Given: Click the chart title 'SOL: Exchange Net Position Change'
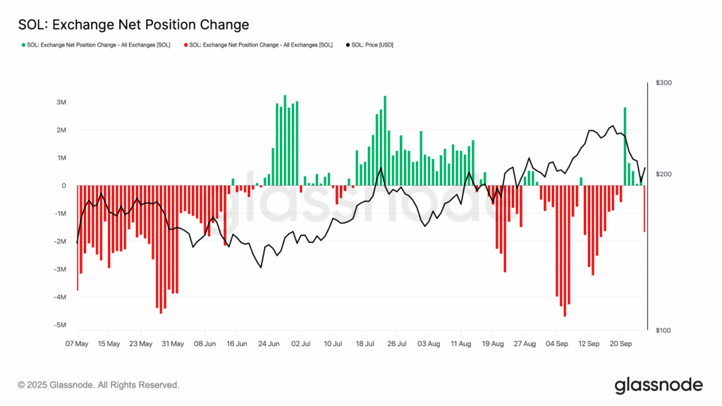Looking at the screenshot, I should pyautogui.click(x=133, y=25).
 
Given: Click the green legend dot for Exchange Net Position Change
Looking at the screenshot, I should pyautogui.click(x=23, y=45).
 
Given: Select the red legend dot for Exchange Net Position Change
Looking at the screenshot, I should pyautogui.click(x=185, y=45).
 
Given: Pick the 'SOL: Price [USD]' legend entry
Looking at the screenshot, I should pyautogui.click(x=372, y=45).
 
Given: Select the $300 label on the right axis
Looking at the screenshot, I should pyautogui.click(x=663, y=83).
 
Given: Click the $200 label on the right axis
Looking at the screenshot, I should pyautogui.click(x=663, y=174).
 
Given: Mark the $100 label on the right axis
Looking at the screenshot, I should pyautogui.click(x=663, y=331).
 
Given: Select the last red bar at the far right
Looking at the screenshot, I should pyautogui.click(x=644, y=209).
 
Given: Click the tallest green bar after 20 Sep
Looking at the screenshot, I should pyautogui.click(x=625, y=147).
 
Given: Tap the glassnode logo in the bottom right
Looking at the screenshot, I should pyautogui.click(x=659, y=385).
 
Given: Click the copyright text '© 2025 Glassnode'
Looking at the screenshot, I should pyautogui.click(x=99, y=385).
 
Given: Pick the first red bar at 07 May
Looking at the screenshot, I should pyautogui.click(x=78, y=238).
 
